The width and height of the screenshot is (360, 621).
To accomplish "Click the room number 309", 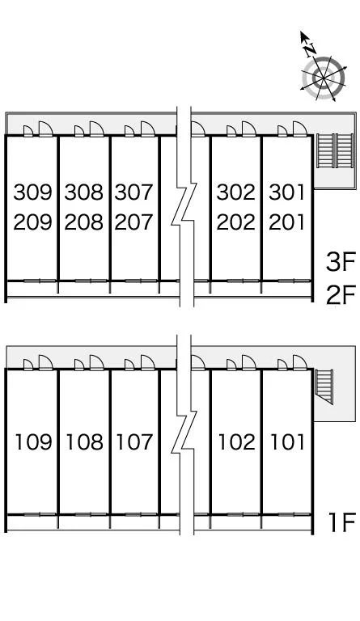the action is pos(33,192).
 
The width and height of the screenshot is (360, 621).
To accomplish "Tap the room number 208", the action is pos(83,222).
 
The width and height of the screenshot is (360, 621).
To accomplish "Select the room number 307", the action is pos(133,192).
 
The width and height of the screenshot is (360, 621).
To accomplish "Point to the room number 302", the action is pos(236,192).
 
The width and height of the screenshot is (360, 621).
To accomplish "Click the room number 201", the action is pos(286,222).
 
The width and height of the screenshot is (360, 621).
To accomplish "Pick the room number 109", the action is pos(34,442).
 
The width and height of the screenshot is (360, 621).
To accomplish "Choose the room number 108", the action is pos(84,442).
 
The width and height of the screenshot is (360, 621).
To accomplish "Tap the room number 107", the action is pos(134,442).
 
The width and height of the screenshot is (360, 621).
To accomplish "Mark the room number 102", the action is pos(237,442).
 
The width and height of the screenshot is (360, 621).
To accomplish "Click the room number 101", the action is pos(287,442).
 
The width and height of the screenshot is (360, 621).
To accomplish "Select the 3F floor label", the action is pos(341,262).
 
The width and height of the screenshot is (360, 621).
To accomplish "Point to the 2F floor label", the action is pos(341,295).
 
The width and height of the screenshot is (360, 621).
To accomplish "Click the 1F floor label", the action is pos(342,522).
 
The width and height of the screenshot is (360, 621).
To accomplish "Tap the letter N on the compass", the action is pos(310,49).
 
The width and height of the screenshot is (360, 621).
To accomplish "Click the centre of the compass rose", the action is pos(324,78).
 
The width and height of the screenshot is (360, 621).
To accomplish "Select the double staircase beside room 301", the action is pos(335,150).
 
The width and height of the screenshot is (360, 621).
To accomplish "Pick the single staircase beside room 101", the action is pos(324,387).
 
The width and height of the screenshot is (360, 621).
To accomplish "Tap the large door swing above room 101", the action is pos(300,362).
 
